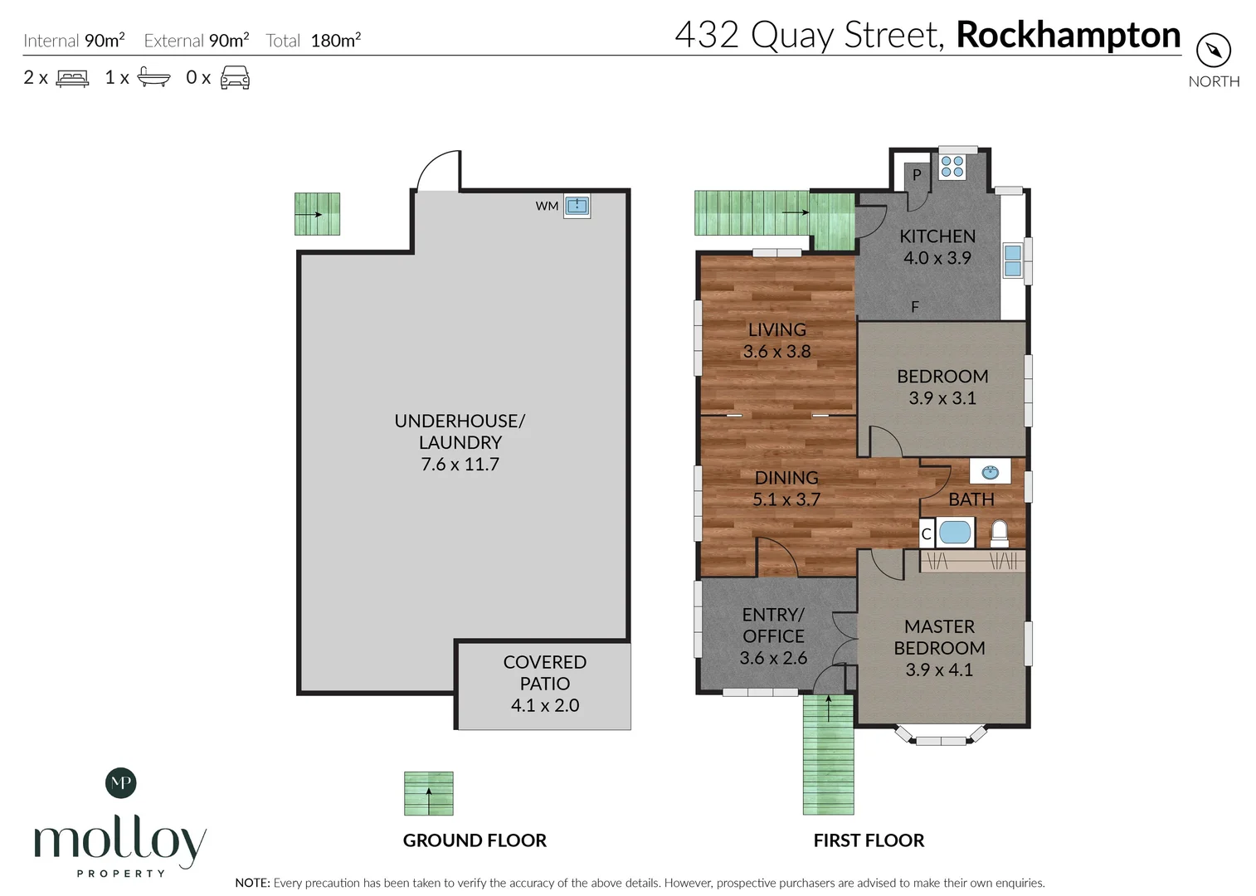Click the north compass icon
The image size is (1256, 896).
pyautogui.click(x=1213, y=51)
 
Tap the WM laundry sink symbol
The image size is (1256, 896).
pyautogui.click(x=577, y=206)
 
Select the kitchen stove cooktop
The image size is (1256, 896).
pyautogui.click(x=952, y=167)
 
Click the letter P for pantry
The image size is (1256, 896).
pyautogui.click(x=917, y=175)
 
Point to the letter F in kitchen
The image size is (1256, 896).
pyautogui.click(x=915, y=307)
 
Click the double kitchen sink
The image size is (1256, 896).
pyautogui.click(x=1012, y=261)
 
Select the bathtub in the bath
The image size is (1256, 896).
pyautogui.click(x=955, y=532)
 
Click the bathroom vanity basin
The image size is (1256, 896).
pyautogui.click(x=990, y=472)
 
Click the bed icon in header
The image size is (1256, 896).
pyautogui.click(x=72, y=78)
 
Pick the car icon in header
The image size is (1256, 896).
pyautogui.click(x=235, y=78)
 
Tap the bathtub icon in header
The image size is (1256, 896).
pyautogui.click(x=153, y=77)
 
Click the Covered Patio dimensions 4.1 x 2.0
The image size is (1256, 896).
pyautogui.click(x=545, y=705)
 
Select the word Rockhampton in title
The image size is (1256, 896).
pyautogui.click(x=1068, y=35)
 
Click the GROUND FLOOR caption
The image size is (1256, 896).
pyautogui.click(x=475, y=840)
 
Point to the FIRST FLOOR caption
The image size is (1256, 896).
pyautogui.click(x=869, y=840)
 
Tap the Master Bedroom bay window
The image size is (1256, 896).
pyautogui.click(x=940, y=738)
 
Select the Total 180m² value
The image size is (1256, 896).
pyautogui.click(x=335, y=41)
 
